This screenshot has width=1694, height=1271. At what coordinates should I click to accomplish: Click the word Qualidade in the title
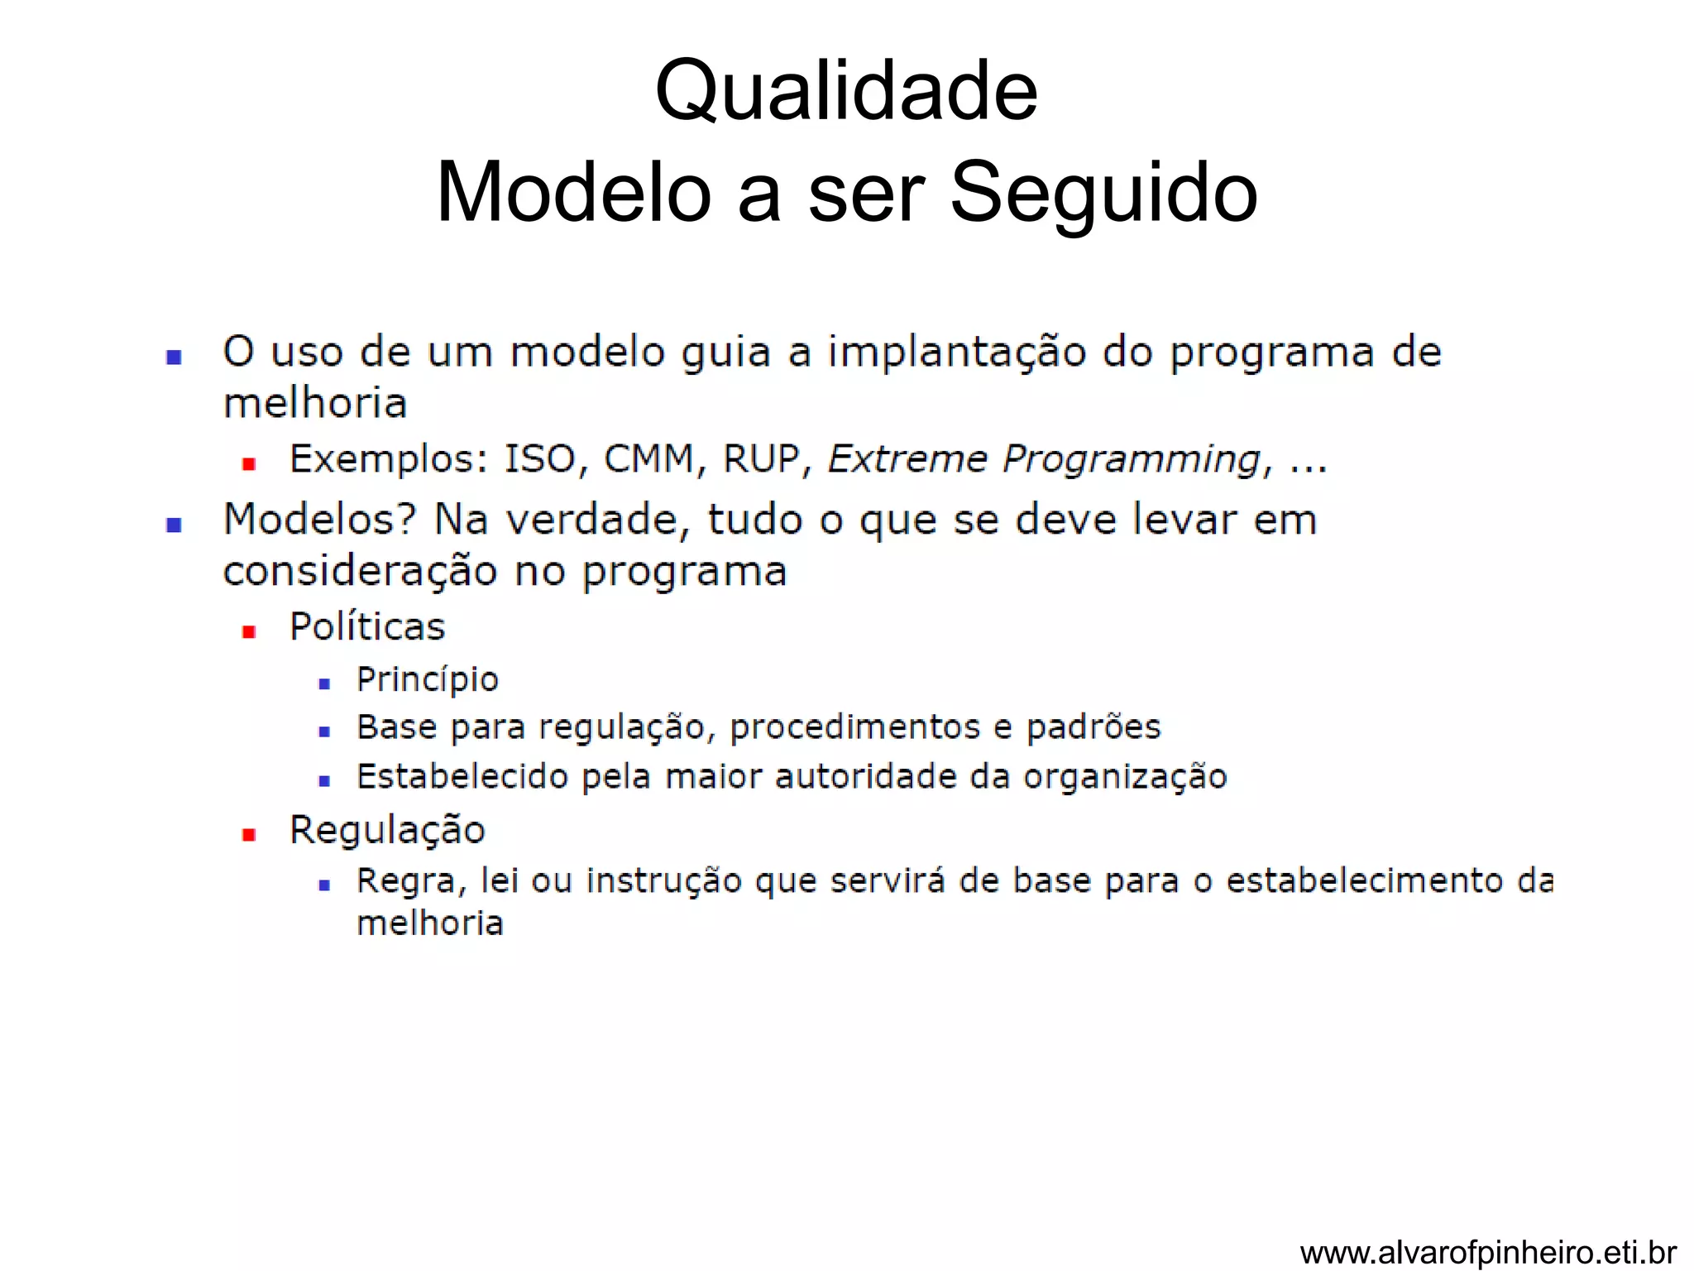[x=846, y=91]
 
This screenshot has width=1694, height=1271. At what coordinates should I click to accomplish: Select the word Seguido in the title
[x=1103, y=193]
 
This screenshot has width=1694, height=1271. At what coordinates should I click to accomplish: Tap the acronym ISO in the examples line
[x=539, y=459]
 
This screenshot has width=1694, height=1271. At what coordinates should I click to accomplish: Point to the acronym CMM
[x=648, y=459]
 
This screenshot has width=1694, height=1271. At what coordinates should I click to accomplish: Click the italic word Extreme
[x=907, y=459]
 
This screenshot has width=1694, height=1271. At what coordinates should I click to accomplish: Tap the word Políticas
[x=367, y=627]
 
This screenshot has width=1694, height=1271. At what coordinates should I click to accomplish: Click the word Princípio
[x=428, y=680]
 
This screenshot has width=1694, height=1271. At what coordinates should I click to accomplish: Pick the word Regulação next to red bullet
[x=387, y=831]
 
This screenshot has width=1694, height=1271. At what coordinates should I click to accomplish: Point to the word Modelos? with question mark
[x=319, y=520]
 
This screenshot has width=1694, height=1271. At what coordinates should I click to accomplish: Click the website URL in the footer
[x=1488, y=1252]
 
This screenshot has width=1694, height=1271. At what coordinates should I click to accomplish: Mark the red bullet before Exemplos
[x=248, y=464]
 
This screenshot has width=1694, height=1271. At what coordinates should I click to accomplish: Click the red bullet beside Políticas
[x=248, y=632]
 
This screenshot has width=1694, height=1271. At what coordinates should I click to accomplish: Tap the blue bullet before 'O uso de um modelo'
[x=174, y=357]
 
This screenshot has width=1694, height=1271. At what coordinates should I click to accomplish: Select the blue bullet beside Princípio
[x=324, y=684]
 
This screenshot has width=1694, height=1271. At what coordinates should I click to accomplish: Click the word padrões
[x=1093, y=728]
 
